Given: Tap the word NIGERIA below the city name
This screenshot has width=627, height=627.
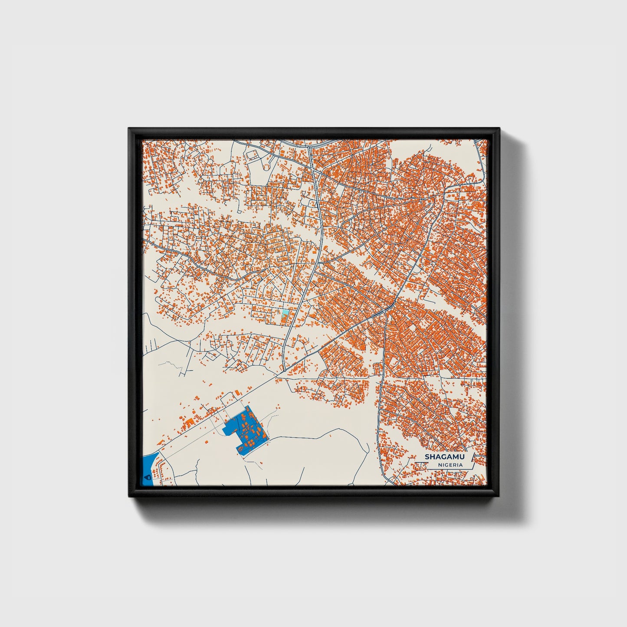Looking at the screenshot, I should pos(450,465).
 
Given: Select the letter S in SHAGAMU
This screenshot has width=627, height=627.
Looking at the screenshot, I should pos(427,456).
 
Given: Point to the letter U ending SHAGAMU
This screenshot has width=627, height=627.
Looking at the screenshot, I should pos(461,456).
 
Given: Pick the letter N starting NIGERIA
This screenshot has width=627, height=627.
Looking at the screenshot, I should pos(440,465).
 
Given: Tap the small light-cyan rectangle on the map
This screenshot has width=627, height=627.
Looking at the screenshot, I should pos(285,313).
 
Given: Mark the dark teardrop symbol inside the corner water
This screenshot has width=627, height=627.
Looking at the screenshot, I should pos(146,476).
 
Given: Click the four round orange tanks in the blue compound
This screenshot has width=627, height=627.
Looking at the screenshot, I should pos(252,442).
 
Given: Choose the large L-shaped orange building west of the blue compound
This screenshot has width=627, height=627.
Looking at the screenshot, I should pos(189,421).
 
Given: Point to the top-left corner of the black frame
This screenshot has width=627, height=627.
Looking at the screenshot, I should pos(129,128).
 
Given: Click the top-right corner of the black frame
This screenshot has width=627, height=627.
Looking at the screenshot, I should pos(499,128).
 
